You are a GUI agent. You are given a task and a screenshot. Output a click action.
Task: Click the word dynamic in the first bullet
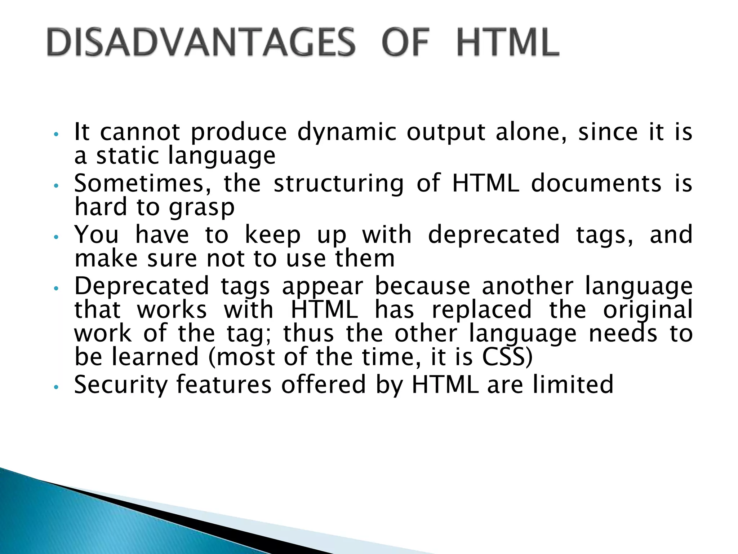click(x=346, y=132)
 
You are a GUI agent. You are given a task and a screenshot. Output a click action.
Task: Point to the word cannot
click(x=140, y=132)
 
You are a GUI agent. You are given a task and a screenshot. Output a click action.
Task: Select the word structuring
click(x=339, y=183)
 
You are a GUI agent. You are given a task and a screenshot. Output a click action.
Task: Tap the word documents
click(x=596, y=183)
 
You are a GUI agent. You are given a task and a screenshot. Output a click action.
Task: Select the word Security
click(x=121, y=384)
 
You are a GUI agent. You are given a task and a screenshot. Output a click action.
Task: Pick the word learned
click(x=155, y=357)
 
